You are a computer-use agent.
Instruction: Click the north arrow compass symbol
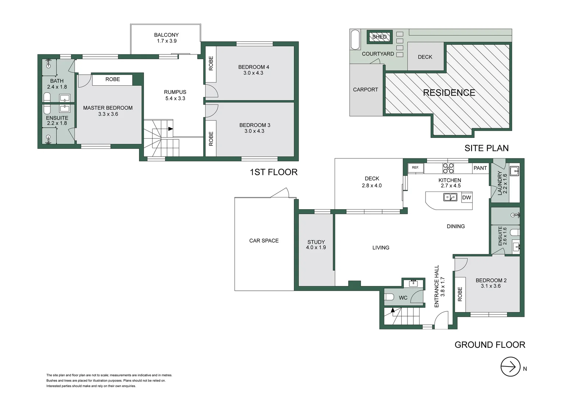pos(510,366)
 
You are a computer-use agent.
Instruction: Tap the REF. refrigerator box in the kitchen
pos(416,168)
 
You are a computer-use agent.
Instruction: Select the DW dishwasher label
pos(466,198)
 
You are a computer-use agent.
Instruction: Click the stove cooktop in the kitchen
pos(448,168)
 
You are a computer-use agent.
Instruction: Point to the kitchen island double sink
pos(450,197)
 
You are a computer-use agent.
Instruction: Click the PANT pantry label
pos(480,168)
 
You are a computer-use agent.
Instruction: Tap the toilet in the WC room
pos(390,297)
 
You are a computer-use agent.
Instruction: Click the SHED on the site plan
pos(379,37)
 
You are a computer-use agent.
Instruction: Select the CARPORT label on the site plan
pos(365,90)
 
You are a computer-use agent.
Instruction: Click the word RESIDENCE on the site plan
pos(449,93)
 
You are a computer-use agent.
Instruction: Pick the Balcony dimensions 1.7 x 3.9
pos(167,41)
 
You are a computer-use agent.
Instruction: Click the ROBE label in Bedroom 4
pos(211,63)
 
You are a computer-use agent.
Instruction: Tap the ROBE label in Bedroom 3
pos(211,139)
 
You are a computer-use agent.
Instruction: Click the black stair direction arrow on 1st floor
pos(170,129)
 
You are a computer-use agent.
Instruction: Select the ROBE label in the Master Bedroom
pos(113,79)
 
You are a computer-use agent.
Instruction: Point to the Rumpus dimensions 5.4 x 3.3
pos(175,99)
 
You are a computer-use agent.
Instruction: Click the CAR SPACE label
pos(264,241)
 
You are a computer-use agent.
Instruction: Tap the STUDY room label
pos(316,242)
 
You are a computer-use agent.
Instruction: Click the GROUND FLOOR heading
pos(490,345)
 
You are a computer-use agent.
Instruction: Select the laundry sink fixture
pos(514,171)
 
